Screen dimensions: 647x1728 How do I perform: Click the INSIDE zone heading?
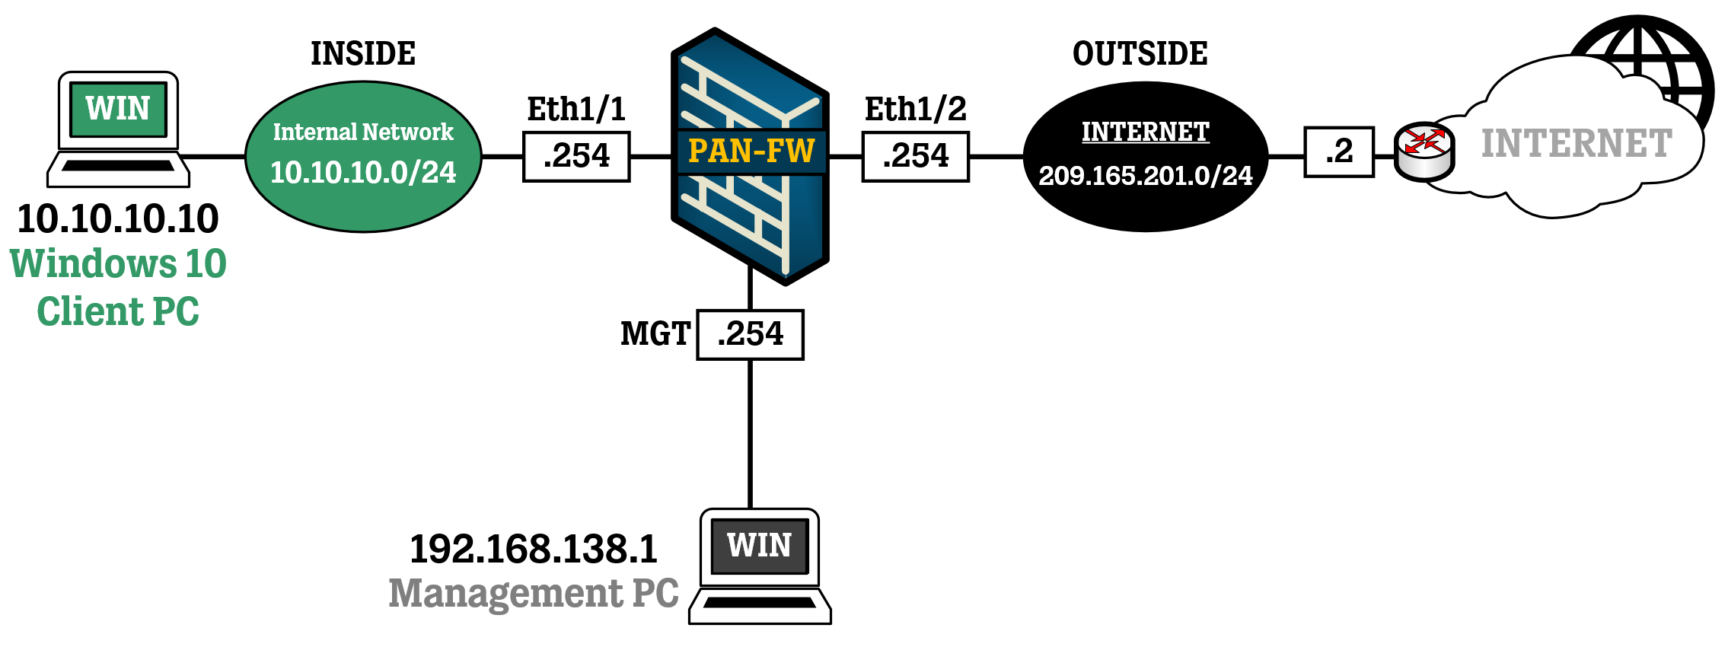point(363,53)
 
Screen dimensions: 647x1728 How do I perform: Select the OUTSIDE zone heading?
point(1140,53)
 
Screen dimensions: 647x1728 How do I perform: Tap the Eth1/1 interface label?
point(576,109)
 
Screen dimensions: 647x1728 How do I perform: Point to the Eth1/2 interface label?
point(915,109)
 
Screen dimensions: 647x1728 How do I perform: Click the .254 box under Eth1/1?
point(576,156)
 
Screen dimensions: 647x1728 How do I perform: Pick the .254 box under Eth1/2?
point(915,156)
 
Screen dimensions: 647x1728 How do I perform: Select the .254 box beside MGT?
point(750,334)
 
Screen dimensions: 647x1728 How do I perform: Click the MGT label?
point(655,334)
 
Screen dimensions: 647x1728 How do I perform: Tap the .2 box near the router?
point(1339,151)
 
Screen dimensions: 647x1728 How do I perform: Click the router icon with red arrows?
point(1424,151)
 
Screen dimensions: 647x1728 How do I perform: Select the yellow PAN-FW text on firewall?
point(751,151)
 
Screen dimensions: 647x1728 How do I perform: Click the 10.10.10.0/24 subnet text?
point(363,173)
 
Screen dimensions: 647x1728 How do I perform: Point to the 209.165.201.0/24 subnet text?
point(1145,176)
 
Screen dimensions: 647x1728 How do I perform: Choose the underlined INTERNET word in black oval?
point(1145,132)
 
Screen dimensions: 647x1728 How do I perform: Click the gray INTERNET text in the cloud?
point(1576,144)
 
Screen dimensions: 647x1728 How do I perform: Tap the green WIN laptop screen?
point(118,109)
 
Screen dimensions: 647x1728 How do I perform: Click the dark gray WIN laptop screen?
point(759,546)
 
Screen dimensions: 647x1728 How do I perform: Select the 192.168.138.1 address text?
point(533,549)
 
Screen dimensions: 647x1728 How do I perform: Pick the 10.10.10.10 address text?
point(118,219)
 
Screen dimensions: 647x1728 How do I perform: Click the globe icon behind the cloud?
point(1675,53)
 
